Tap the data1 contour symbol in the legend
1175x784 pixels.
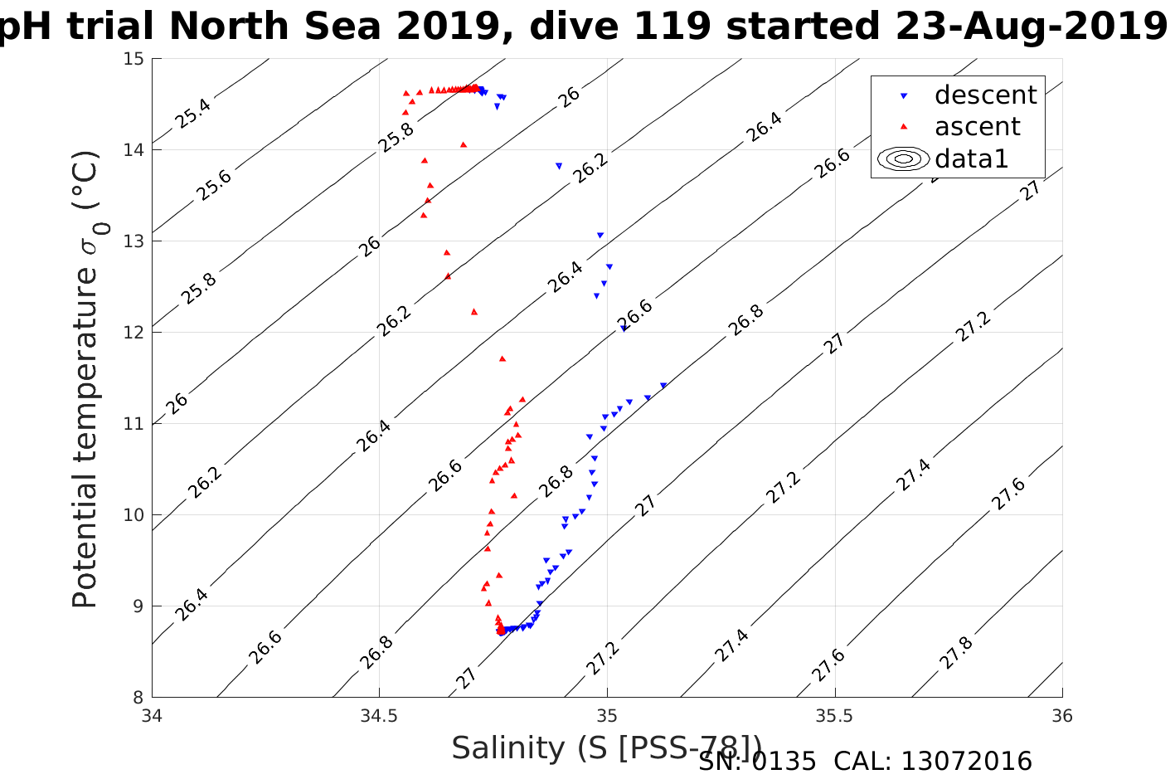pos(904,158)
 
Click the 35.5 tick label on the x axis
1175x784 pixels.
pos(834,716)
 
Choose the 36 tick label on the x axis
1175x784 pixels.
pos(1061,716)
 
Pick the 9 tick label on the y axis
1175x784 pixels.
pos(138,606)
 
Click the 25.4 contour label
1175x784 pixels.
pos(192,113)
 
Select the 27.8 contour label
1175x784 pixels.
pos(956,653)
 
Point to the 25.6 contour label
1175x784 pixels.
pos(214,185)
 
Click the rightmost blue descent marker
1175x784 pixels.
pos(663,386)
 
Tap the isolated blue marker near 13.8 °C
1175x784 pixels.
pos(559,166)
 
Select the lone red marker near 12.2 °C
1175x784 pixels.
pos(474,312)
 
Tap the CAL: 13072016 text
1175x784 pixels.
pos(933,762)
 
